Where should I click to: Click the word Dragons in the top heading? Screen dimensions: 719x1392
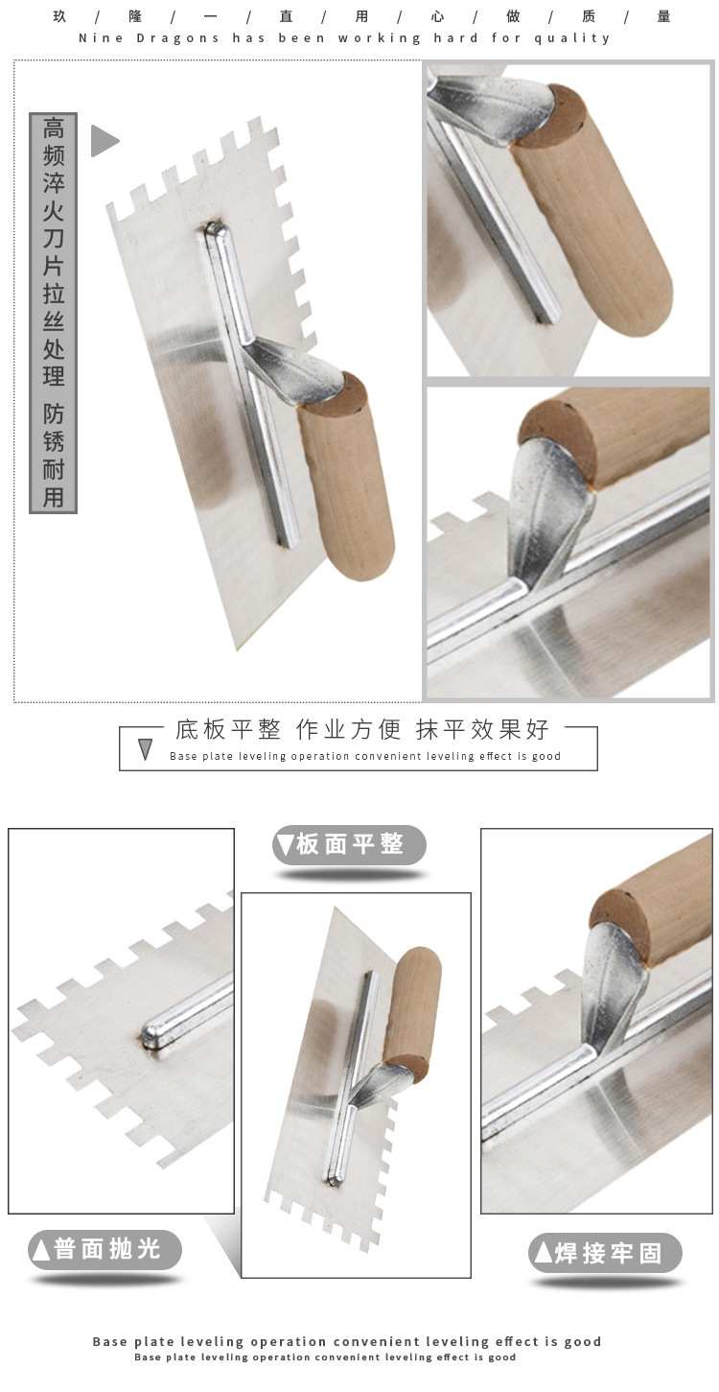(177, 38)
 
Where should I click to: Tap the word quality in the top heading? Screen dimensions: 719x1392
(572, 38)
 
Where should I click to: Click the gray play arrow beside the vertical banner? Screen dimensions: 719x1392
(104, 140)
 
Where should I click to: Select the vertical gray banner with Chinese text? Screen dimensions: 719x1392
(54, 313)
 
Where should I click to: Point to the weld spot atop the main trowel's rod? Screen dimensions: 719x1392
(214, 229)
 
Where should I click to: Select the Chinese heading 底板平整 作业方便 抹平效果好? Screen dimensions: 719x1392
(362, 729)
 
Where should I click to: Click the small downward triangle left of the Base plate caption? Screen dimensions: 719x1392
(146, 750)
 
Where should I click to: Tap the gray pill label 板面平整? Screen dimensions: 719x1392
(349, 844)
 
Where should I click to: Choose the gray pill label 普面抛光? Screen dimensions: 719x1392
(104, 1249)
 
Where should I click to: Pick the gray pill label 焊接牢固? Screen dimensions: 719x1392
(605, 1253)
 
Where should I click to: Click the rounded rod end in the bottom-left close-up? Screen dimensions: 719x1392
(152, 1034)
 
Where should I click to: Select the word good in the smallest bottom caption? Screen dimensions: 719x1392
(501, 1357)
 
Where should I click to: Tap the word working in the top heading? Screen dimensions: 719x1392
(380, 38)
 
